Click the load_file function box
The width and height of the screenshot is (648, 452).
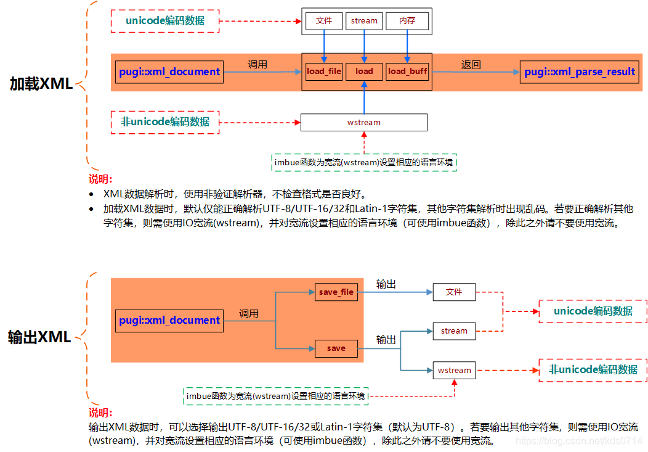tap(324, 72)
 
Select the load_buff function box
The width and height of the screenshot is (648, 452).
tap(407, 72)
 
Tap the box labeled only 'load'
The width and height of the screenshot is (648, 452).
tap(364, 72)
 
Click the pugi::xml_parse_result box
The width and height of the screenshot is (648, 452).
tap(579, 72)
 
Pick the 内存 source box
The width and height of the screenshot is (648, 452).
tap(407, 21)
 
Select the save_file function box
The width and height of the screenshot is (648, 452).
tap(336, 292)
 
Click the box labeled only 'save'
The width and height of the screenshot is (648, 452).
tap(336, 348)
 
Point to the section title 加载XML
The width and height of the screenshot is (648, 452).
tap(41, 84)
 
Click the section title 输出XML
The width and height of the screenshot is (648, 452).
tap(39, 337)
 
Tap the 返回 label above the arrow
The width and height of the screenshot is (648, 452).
tap(471, 64)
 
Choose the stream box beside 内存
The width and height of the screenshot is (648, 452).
tap(364, 21)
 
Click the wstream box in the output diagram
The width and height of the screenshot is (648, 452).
tap(454, 371)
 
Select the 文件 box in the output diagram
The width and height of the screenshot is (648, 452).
tap(454, 292)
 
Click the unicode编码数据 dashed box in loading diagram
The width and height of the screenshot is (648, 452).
tap(164, 21)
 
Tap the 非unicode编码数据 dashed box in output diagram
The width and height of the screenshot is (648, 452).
tap(593, 370)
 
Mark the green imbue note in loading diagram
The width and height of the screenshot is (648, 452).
tap(364, 163)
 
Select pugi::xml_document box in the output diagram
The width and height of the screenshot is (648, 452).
tap(169, 321)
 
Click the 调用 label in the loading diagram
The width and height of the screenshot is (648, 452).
tap(257, 64)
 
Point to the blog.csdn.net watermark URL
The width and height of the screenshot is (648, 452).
tap(578, 441)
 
